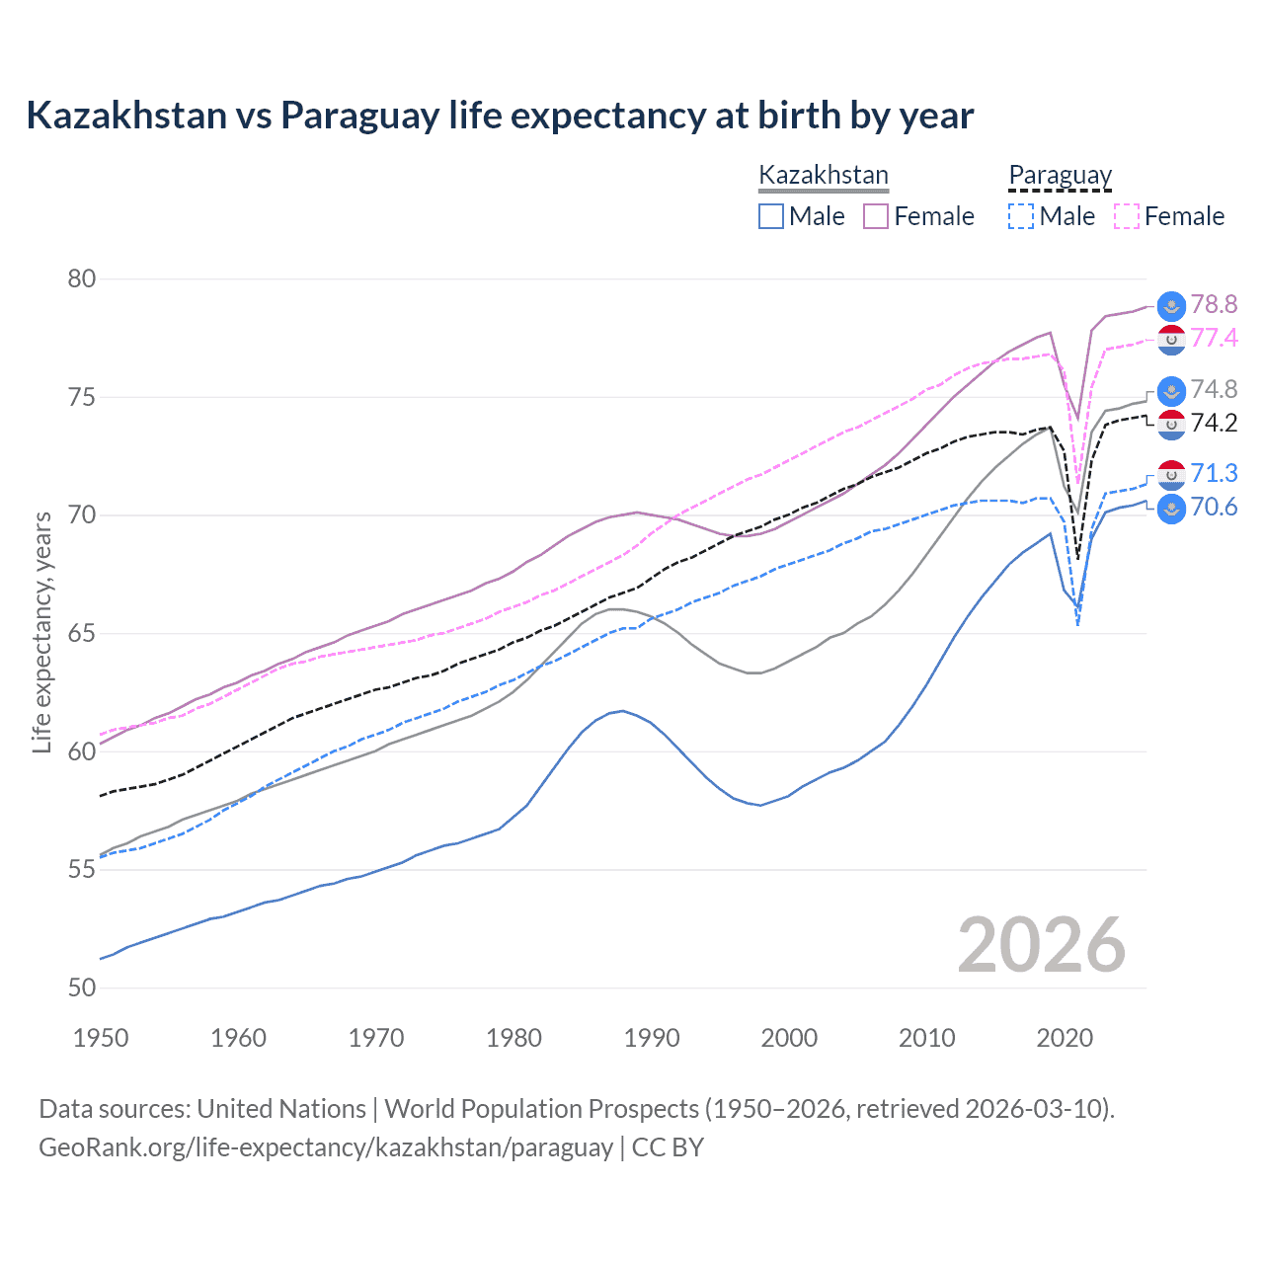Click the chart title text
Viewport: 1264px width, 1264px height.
click(500, 116)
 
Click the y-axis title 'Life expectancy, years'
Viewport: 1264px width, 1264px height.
click(41, 632)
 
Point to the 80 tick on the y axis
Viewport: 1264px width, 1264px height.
click(82, 279)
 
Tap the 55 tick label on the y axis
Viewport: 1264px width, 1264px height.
click(82, 870)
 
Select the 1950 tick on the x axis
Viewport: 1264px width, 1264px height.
click(101, 1038)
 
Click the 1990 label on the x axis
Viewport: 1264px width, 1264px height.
click(652, 1038)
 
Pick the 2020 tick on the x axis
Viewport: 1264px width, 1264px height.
click(1065, 1038)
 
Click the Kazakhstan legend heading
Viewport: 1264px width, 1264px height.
click(824, 176)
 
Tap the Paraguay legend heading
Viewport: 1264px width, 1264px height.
click(1060, 176)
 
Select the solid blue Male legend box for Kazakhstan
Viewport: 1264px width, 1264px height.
click(771, 216)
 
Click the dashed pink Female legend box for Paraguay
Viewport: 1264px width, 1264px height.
click(1127, 216)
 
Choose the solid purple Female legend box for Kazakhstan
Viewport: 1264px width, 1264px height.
click(876, 216)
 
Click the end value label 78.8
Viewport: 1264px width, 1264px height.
click(1214, 304)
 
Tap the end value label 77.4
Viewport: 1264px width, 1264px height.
click(1214, 338)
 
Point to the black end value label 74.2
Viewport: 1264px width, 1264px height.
click(1214, 423)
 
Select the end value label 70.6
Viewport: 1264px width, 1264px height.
click(1214, 508)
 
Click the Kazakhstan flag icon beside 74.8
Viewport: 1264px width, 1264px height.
click(1171, 390)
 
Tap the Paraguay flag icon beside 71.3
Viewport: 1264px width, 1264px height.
click(1171, 475)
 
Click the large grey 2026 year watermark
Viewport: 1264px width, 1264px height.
click(1042, 945)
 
